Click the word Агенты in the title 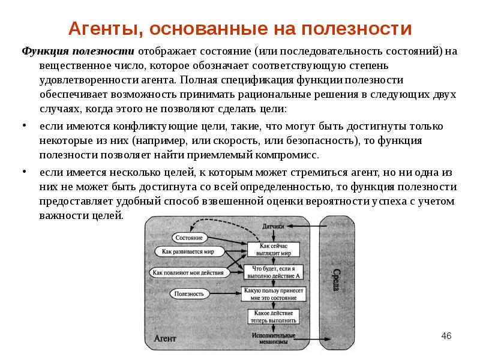(x=106, y=29)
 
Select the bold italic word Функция (x=46, y=52)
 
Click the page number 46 (x=446, y=336)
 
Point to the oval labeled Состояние (x=189, y=238)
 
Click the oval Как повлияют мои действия (x=188, y=272)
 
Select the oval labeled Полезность (x=189, y=293)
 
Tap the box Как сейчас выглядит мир (x=274, y=250)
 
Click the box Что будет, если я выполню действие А (x=274, y=272)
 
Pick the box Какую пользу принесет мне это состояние (x=274, y=294)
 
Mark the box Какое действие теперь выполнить (x=274, y=317)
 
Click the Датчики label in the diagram (x=273, y=227)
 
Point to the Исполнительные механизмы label (x=274, y=338)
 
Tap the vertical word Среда (x=337, y=280)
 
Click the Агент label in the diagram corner (x=165, y=338)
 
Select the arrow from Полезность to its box (x=225, y=293)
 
